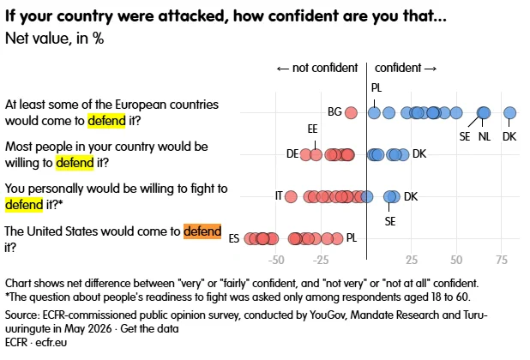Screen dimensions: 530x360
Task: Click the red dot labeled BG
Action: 351,112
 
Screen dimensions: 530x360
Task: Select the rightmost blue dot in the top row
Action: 509,112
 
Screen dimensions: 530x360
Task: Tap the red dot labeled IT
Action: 291,196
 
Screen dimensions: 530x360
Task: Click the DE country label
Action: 292,154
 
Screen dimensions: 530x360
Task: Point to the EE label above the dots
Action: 312,129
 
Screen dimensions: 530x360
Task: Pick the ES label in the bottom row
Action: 234,239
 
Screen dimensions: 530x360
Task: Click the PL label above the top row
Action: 376,87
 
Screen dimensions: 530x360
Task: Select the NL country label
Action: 485,137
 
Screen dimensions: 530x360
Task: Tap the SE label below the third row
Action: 390,221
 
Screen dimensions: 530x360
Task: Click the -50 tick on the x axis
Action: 276,260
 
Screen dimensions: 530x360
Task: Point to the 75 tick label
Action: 502,260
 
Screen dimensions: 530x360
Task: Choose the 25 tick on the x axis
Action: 412,260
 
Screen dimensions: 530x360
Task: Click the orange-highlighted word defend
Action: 202,231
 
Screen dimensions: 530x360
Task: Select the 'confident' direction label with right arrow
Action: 406,68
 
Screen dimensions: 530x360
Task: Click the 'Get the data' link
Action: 149,328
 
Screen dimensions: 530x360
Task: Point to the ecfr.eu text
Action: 51,343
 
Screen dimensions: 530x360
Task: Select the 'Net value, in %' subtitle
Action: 54,39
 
